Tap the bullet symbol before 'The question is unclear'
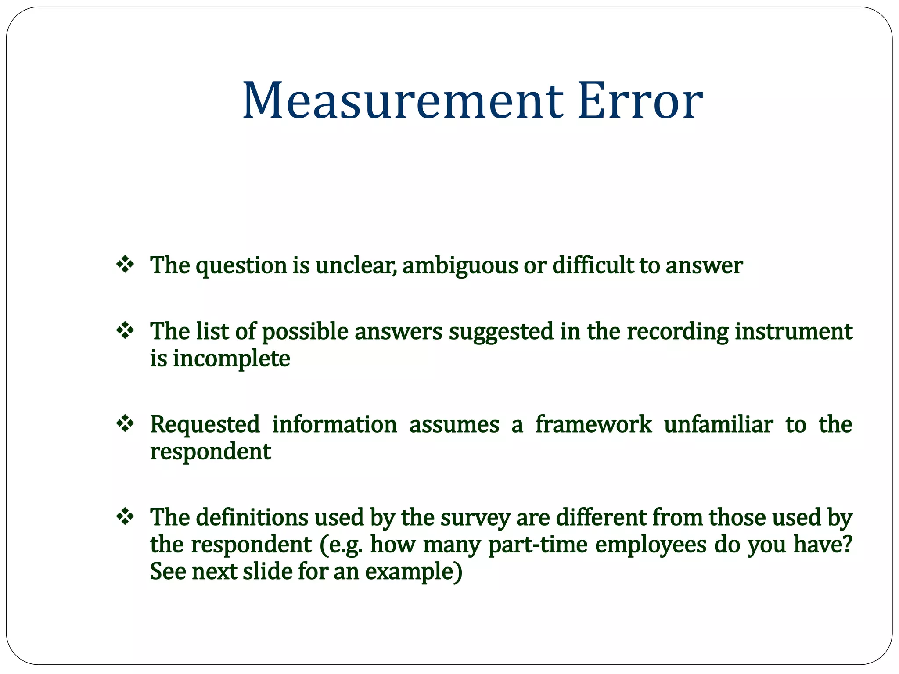click(x=125, y=265)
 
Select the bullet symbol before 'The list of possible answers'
click(x=125, y=330)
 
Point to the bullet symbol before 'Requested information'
click(x=125, y=423)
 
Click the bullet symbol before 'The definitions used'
click(x=125, y=516)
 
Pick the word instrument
click(x=794, y=331)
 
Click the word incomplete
click(x=231, y=359)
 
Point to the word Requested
click(x=205, y=425)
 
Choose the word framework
click(x=593, y=424)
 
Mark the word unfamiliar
click(x=718, y=424)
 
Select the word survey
click(x=475, y=518)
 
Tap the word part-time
click(x=538, y=545)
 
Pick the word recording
click(x=678, y=332)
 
